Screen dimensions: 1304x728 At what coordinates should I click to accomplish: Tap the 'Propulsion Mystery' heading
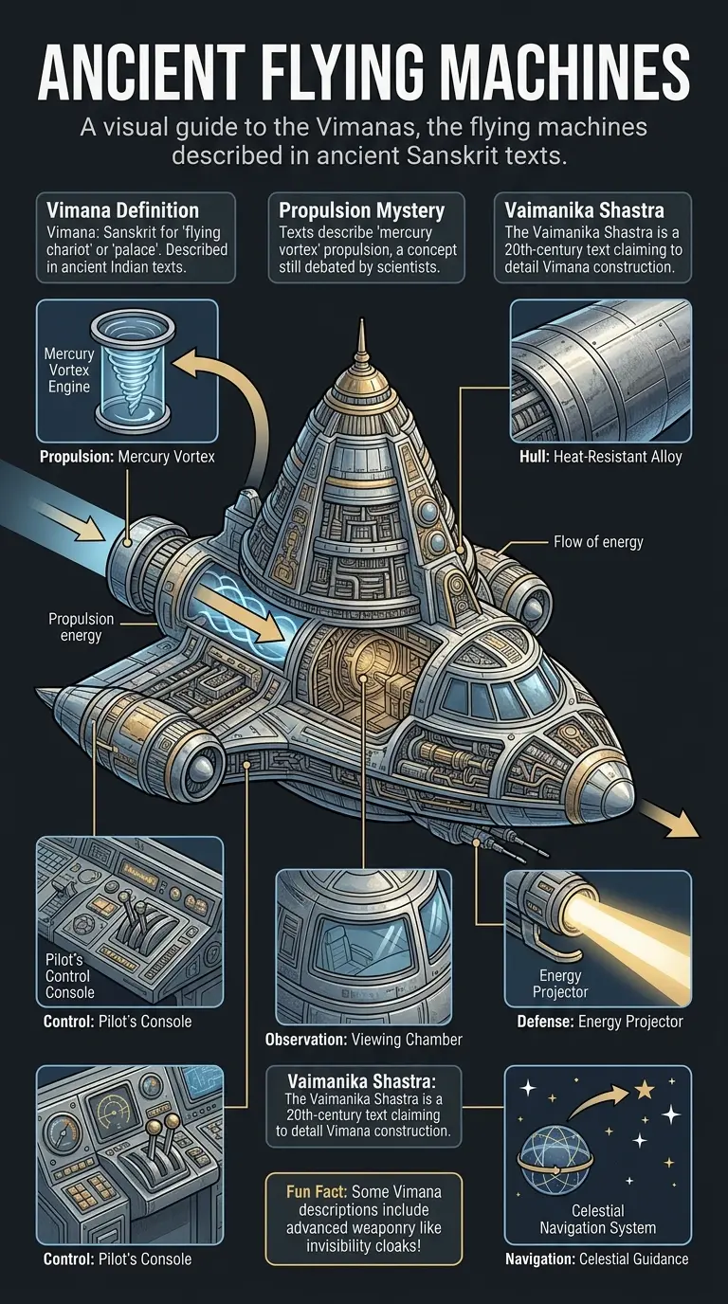[356, 210]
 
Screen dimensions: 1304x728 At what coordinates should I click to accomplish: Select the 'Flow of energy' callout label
[598, 542]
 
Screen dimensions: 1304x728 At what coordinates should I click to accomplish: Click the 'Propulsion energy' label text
[81, 627]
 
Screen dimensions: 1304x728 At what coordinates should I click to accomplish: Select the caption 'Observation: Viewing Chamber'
[364, 1040]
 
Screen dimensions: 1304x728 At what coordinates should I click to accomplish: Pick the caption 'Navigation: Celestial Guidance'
[597, 1259]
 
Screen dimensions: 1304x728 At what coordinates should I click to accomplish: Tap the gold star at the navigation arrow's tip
[645, 1091]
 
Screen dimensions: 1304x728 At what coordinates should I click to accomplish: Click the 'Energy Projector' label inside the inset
[560, 984]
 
